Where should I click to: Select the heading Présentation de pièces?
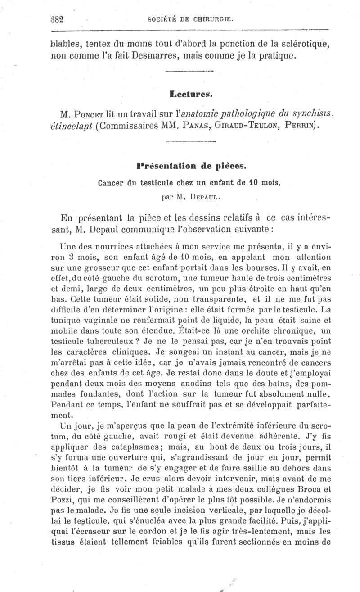[x=191, y=166]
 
